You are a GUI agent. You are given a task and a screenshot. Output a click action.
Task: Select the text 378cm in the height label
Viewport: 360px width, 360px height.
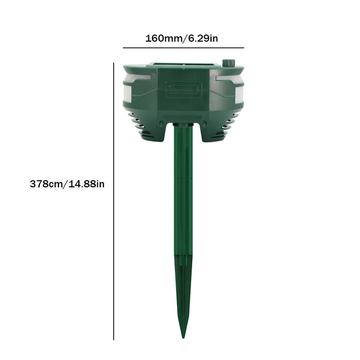click(x=46, y=184)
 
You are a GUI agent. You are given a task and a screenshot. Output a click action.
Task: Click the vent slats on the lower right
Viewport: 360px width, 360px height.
click(x=228, y=123)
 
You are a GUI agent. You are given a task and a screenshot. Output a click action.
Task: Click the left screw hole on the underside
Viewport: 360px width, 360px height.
click(x=162, y=123)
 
